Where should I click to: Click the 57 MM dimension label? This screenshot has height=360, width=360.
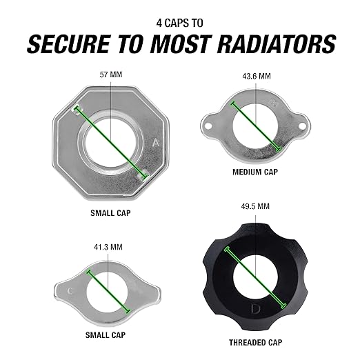(111, 74)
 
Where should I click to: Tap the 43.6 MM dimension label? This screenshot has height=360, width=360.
(257, 76)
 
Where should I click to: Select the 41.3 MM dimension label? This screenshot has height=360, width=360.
(108, 247)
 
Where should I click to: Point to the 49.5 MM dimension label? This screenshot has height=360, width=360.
(255, 206)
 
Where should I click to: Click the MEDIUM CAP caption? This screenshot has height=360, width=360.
(255, 172)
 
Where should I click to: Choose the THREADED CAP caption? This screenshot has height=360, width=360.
(255, 342)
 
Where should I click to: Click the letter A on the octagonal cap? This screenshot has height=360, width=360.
(156, 143)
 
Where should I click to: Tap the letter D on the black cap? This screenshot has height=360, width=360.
(255, 308)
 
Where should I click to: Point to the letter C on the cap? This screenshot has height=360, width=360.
(70, 291)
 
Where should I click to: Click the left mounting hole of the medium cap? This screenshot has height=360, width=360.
(208, 126)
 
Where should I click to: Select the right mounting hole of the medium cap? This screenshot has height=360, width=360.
(302, 126)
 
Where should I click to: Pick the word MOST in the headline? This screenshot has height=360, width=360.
(181, 44)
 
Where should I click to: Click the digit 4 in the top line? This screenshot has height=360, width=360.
(159, 23)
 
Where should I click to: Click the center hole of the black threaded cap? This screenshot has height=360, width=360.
(255, 276)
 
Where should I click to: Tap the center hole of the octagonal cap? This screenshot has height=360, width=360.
(110, 143)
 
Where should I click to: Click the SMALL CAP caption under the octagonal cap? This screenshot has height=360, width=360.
(110, 213)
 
